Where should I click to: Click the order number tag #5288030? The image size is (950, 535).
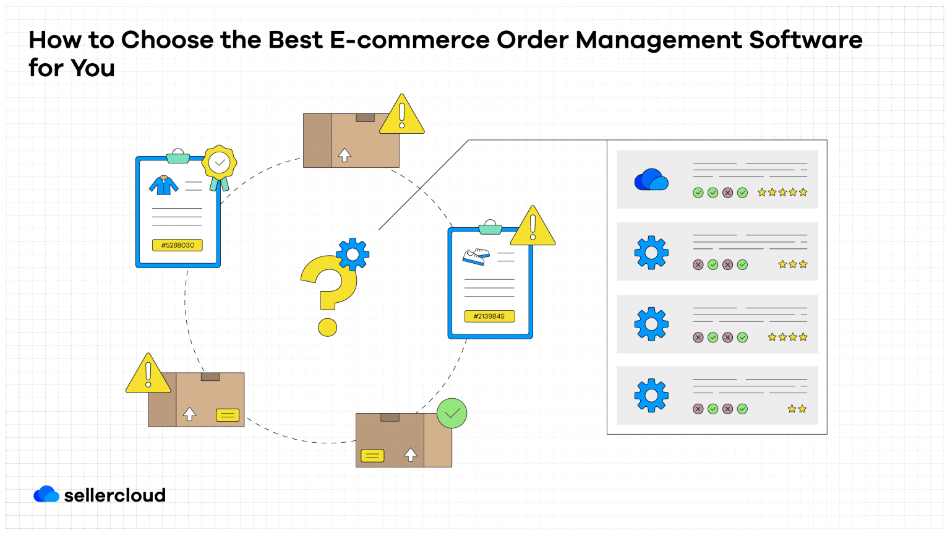point(178,245)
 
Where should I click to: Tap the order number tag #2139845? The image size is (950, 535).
point(489,316)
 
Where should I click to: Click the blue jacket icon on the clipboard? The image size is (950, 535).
point(164,185)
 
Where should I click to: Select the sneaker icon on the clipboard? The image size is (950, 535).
point(476,256)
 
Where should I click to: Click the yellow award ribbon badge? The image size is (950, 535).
point(219,164)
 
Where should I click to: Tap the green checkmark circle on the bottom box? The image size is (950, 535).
point(452,413)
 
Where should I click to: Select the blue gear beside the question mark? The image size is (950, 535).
point(353,253)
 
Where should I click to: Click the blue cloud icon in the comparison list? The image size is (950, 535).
point(651,180)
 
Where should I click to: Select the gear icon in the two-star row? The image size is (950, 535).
point(651,395)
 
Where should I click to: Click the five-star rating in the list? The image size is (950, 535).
point(782,193)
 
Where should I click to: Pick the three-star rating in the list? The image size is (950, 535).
point(792,264)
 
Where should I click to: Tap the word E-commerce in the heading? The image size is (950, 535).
point(409,40)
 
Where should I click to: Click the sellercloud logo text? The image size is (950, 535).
point(115,495)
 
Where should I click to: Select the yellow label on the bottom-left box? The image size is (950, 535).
point(227,415)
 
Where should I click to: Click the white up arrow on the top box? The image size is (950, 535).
point(344,155)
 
